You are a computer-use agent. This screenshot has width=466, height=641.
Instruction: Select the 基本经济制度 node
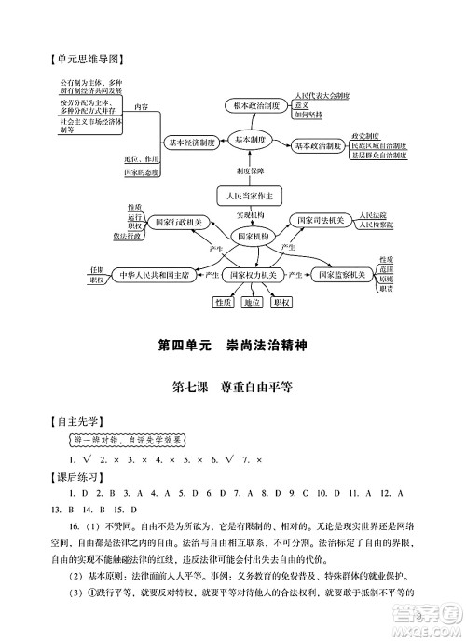[x=192, y=143]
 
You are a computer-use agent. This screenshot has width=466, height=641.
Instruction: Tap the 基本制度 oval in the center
[x=252, y=139]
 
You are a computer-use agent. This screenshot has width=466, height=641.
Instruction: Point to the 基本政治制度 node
[x=316, y=146]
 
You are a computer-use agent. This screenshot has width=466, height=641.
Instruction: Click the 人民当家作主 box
[x=249, y=197]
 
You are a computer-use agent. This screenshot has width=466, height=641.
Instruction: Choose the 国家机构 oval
[x=253, y=238]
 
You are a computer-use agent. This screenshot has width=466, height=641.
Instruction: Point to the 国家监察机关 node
[x=341, y=276]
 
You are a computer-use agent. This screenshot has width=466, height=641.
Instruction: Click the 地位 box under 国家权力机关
[x=252, y=302]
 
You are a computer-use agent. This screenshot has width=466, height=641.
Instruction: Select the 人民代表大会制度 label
[x=322, y=96]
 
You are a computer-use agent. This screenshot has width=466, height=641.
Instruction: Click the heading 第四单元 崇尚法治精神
[x=233, y=346]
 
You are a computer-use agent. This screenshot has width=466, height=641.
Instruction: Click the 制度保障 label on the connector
[x=250, y=171]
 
